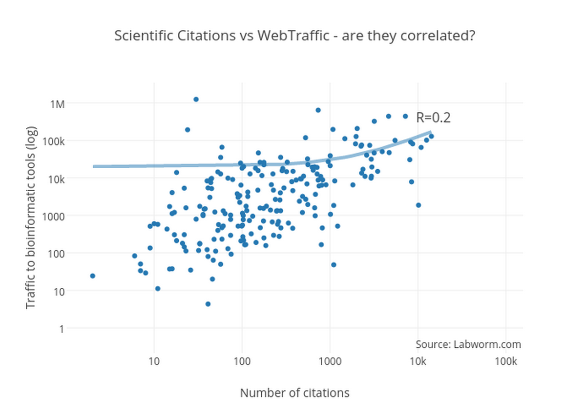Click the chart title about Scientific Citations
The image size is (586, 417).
(x=294, y=36)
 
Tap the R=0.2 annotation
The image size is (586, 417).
(x=433, y=118)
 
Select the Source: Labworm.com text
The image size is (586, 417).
(x=468, y=344)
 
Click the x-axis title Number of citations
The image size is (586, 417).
(x=294, y=393)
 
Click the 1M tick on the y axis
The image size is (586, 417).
(x=57, y=103)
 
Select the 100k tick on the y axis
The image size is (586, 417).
(x=54, y=141)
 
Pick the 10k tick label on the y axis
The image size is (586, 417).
(x=56, y=179)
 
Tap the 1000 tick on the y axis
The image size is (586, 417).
(x=54, y=216)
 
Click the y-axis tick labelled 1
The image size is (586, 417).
(x=62, y=328)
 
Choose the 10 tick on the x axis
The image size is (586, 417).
(x=154, y=361)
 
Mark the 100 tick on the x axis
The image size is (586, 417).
(x=242, y=361)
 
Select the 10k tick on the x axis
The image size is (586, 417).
(x=418, y=361)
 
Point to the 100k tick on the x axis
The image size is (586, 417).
(x=505, y=361)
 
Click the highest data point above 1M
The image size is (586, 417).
(x=196, y=99)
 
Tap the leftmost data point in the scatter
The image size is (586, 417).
(x=92, y=276)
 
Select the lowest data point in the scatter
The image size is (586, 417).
(x=208, y=304)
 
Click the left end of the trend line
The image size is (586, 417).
(x=94, y=166)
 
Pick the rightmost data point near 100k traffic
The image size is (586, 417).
(x=431, y=136)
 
